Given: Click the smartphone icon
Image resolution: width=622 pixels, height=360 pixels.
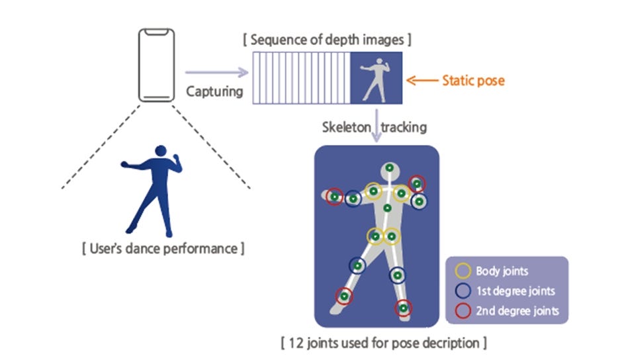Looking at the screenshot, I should tap(156, 65).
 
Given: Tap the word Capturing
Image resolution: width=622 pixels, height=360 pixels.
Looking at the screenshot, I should tap(214, 91).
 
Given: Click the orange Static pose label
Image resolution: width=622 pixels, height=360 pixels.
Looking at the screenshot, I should tap(473, 81).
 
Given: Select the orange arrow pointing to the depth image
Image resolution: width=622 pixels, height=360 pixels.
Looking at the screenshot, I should tap(422, 81).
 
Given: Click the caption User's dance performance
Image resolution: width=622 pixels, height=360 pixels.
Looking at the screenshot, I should tap(163, 249).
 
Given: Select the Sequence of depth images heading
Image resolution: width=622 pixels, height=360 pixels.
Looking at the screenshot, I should tap(328, 40).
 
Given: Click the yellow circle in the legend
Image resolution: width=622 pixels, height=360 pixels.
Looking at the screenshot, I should tap(463, 271).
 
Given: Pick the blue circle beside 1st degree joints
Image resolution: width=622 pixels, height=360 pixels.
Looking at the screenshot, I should tap(463, 291).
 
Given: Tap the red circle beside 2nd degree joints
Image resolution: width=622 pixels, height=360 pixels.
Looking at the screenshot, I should tap(463, 310).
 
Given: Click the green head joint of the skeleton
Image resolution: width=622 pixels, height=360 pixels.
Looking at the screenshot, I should tap(390, 167).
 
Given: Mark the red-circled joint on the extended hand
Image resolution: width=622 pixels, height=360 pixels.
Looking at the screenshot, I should tap(335, 197).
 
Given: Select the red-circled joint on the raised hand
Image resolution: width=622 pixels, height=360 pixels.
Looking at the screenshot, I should tap(417, 183).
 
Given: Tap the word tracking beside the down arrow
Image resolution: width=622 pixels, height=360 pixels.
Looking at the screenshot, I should tap(405, 126).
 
